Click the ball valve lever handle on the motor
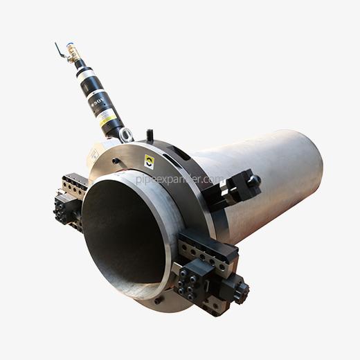pyautogui.click(x=60, y=49)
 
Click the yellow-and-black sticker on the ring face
pyautogui.click(x=149, y=161)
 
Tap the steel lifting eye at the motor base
pyautogui.click(x=124, y=135)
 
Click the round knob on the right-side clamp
pyautogui.click(x=255, y=181)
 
